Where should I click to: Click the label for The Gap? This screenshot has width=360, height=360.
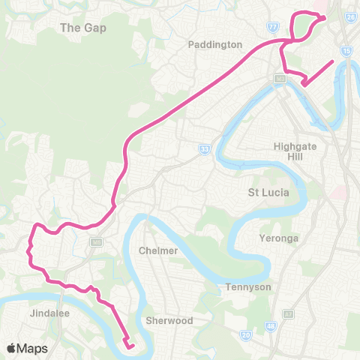pos(83,28)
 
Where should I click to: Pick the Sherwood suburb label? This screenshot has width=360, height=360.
pos(171,320)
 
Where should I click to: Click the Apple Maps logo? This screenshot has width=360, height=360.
pos(27,348)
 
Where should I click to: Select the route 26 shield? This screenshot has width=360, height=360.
pos(350,16)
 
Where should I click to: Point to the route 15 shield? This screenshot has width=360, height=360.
pos(346,51)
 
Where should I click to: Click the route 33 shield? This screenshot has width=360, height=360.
pos(204,150)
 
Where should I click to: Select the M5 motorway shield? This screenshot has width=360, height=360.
pos(96,241)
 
